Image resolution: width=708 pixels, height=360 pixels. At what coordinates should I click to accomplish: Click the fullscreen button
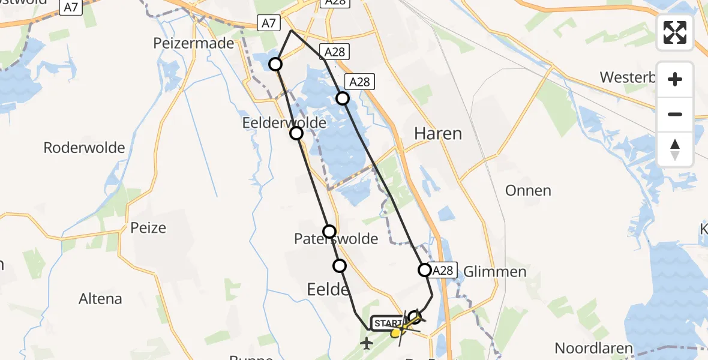[675, 32]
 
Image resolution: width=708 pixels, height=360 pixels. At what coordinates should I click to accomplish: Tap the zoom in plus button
[675, 80]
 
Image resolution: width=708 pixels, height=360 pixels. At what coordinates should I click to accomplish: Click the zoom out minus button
[675, 114]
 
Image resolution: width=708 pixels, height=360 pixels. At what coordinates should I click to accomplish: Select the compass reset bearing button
[675, 149]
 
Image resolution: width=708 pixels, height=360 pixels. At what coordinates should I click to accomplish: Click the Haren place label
[438, 133]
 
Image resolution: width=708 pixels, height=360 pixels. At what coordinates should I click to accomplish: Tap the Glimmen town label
[495, 272]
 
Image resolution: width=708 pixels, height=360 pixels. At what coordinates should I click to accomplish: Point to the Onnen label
[528, 191]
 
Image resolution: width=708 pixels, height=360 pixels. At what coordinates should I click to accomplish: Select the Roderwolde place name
[84, 148]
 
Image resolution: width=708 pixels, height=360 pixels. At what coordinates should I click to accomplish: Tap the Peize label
[148, 228]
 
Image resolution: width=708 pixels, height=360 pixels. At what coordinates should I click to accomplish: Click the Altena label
[100, 298]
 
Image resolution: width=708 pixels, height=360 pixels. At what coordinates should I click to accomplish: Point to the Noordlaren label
[593, 348]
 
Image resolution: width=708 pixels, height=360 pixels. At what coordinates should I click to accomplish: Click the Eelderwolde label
[284, 123]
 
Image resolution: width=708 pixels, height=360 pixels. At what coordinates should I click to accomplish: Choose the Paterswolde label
[336, 239]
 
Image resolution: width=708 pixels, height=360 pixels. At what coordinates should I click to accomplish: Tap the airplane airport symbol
[366, 343]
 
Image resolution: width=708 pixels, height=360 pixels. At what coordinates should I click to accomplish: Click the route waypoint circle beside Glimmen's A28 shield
[425, 270]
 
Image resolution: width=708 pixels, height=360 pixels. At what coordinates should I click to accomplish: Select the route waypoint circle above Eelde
[340, 265]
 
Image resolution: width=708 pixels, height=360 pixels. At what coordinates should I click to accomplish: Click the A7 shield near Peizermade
[269, 23]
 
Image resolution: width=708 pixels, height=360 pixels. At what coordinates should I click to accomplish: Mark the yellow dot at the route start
[395, 332]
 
